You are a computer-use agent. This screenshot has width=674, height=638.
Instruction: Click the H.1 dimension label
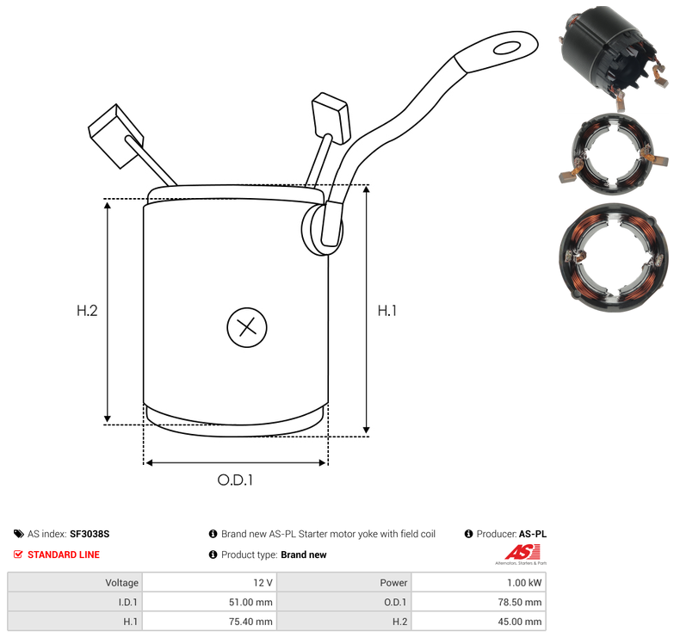click(x=387, y=311)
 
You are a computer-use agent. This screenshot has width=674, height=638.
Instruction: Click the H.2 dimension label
click(x=87, y=311)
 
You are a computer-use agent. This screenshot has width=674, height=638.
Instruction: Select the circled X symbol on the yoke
click(x=247, y=327)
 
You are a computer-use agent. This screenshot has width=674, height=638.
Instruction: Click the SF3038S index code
click(x=90, y=534)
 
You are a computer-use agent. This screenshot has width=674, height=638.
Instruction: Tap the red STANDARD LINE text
click(x=64, y=555)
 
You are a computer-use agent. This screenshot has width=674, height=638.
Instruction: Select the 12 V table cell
click(x=263, y=583)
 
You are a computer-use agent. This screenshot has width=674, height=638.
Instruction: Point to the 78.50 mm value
click(x=520, y=602)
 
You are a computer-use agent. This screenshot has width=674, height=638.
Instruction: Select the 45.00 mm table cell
click(x=520, y=622)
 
